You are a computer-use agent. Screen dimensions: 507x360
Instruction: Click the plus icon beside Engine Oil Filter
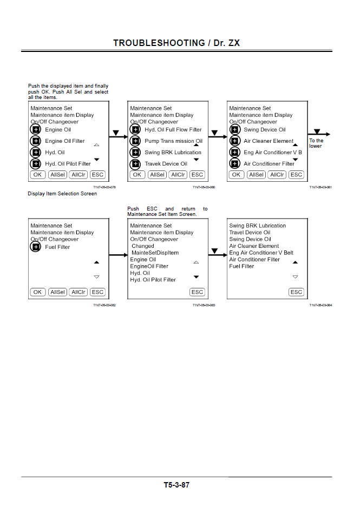(36, 141)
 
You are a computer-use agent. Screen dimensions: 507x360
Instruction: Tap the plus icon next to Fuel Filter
(36, 247)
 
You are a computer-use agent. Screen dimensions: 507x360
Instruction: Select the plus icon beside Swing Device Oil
(234, 130)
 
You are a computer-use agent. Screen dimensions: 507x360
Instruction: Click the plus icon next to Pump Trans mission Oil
(135, 141)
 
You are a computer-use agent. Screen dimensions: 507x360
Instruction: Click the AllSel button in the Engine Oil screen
(57, 175)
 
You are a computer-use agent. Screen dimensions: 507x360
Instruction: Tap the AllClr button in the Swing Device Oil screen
(277, 175)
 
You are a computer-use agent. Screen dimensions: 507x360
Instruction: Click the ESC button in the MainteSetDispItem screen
(197, 292)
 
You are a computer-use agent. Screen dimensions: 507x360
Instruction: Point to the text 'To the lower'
(316, 143)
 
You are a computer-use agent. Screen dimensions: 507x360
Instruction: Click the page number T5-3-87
(176, 485)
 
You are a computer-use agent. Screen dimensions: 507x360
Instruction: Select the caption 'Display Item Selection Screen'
(62, 194)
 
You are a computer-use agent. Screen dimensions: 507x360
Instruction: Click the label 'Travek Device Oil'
(166, 164)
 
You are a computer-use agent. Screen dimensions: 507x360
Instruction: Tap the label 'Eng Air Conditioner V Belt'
(261, 253)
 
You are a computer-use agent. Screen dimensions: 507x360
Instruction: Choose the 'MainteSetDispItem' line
(155, 253)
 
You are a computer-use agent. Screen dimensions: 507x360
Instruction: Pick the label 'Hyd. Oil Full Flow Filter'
(173, 130)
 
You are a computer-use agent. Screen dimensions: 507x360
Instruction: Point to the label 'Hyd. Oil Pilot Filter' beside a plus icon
(68, 164)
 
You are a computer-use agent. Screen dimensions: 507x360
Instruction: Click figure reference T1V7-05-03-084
(320, 305)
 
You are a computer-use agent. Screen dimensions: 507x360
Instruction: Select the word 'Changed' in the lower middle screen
(143, 246)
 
